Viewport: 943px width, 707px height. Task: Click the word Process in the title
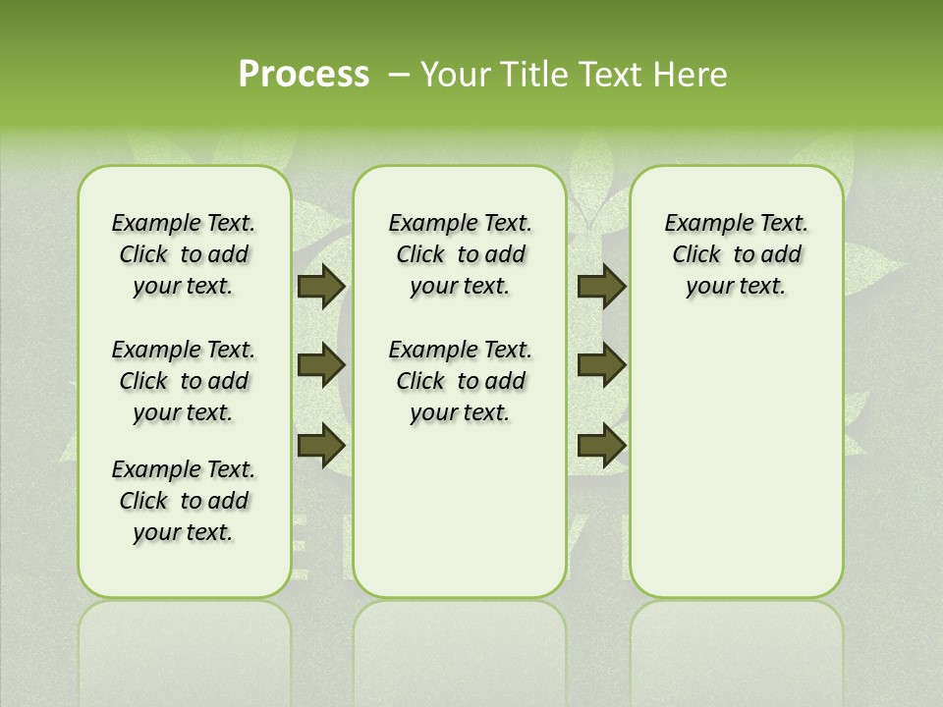304,74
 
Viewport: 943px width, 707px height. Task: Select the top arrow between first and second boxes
321,287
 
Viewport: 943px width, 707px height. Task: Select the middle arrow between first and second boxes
321,366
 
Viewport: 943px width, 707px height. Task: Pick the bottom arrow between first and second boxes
321,445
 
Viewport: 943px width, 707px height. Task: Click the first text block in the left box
184,254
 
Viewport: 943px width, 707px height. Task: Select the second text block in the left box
184,381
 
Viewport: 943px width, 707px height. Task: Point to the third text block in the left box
184,501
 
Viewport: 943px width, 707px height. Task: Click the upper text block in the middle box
460,254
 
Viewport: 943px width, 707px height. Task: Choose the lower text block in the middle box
460,381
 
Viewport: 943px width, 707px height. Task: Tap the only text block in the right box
736,254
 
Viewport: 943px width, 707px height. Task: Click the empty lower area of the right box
736,462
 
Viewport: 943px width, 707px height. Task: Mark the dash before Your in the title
400,75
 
